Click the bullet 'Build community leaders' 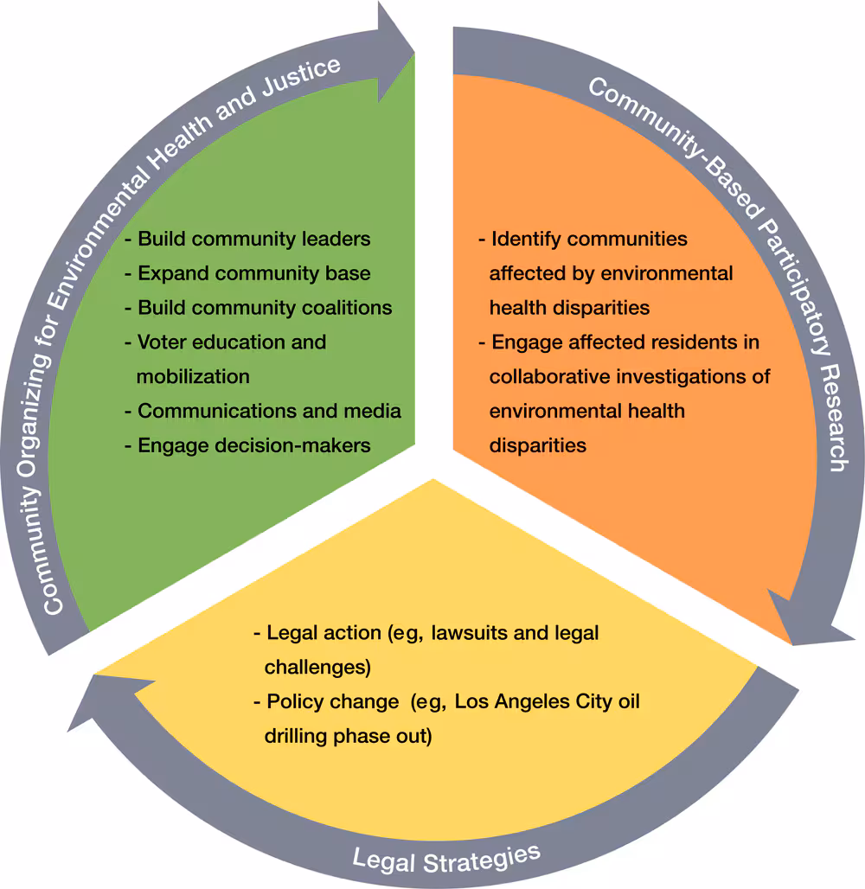tap(253, 239)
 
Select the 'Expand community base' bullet tap(253, 273)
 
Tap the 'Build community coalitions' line tap(264, 308)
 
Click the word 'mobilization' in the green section tap(193, 376)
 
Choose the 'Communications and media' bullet tap(269, 411)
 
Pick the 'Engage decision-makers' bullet tap(253, 445)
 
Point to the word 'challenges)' tap(317, 668)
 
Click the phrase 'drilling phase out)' tap(348, 736)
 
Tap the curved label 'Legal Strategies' tap(445, 857)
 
